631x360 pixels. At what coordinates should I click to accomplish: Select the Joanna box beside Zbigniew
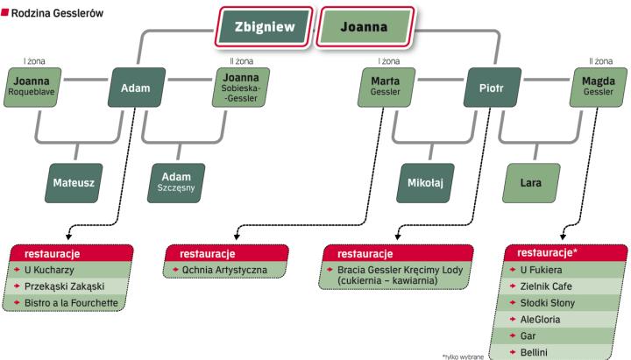(363, 26)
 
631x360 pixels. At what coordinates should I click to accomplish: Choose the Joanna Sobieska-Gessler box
(238, 88)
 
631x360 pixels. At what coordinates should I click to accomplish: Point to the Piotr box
(492, 88)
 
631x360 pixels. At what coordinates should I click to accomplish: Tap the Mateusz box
(74, 183)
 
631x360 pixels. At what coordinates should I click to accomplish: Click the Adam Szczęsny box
(177, 183)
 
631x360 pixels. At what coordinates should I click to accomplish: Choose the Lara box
(529, 183)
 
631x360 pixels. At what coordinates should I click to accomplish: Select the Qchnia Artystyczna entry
(225, 271)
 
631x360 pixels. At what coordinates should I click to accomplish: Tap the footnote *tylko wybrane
(463, 355)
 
